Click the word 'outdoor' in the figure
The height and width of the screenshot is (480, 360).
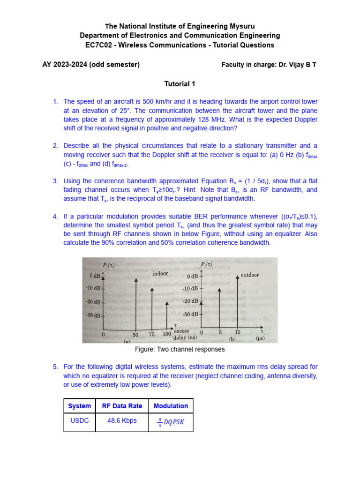250,275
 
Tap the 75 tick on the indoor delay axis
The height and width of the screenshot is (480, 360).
151,335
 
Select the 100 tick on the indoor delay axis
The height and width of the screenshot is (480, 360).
167,334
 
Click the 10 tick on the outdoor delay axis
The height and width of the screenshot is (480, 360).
237,332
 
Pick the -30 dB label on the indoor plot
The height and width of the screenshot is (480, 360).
93,315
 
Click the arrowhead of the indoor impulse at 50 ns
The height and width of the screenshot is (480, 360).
136,279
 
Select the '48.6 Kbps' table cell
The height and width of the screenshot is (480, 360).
122,420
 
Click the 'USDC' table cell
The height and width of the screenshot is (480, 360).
79,420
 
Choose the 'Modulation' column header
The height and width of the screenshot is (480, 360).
171,406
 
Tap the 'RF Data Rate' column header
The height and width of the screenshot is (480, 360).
122,406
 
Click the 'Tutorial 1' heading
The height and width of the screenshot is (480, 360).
180,84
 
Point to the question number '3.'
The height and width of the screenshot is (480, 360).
55,181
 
